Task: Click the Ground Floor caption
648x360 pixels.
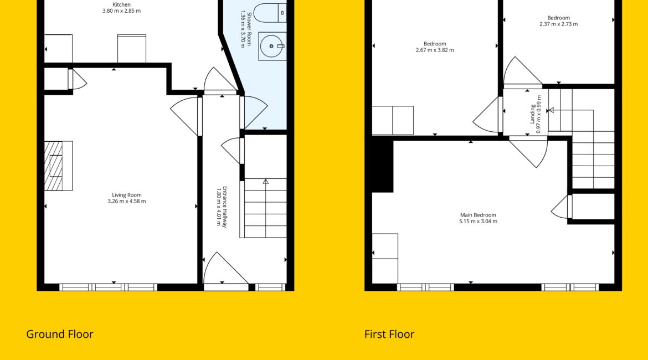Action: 60,334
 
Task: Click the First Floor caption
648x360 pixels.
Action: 389,334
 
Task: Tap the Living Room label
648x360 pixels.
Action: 126,195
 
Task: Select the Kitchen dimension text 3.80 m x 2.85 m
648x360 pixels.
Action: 121,11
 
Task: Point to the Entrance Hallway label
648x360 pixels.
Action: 225,207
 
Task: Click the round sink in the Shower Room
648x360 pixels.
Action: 271,47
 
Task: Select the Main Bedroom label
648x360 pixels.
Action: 478,215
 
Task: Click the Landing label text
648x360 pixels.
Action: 533,115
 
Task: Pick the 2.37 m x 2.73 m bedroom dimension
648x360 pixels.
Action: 559,24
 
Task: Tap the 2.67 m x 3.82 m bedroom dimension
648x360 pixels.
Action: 435,50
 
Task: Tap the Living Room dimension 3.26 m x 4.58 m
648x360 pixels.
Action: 126,201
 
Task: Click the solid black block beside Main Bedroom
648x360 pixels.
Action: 382,164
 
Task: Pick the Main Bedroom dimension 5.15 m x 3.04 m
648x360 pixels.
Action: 478,221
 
